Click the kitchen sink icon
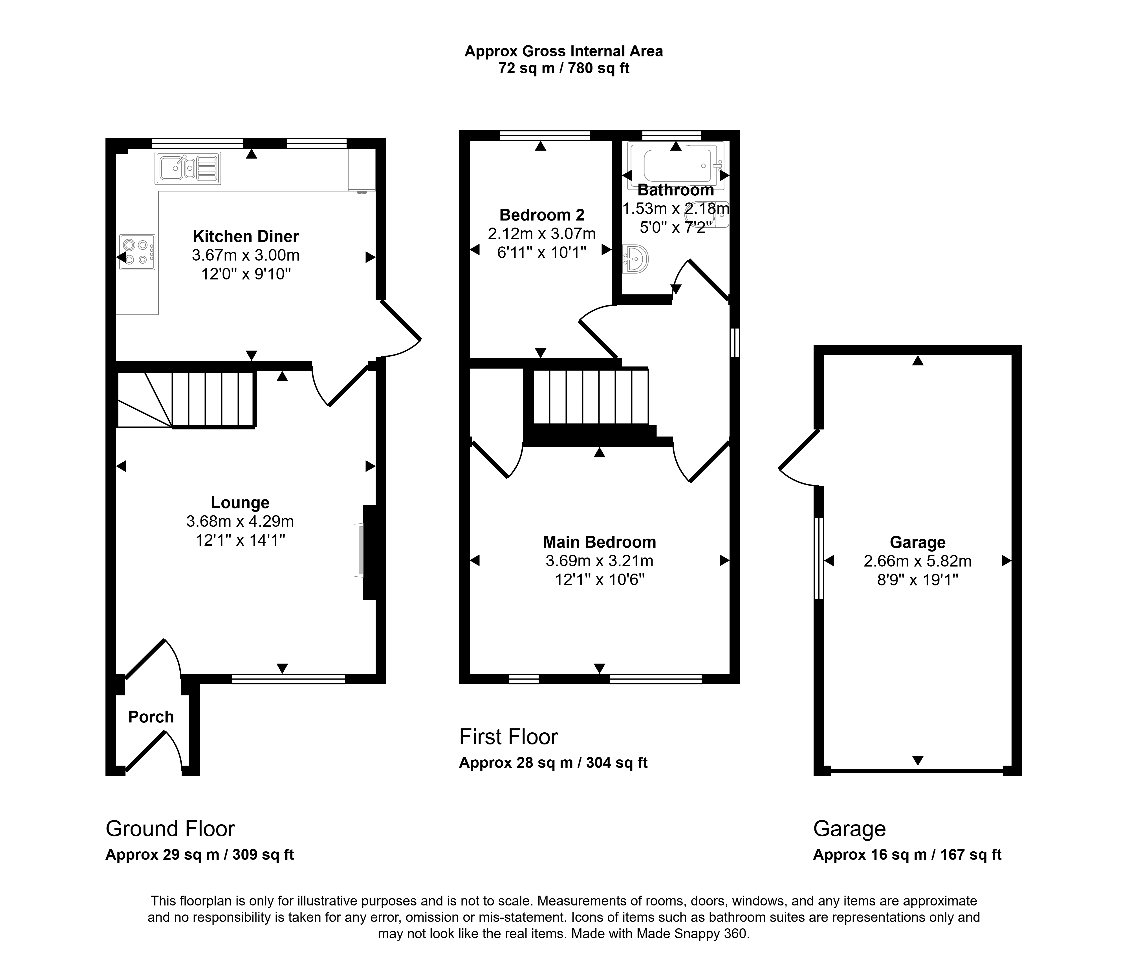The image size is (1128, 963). tap(188, 168)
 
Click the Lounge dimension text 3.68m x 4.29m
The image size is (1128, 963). tap(240, 521)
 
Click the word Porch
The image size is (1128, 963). tap(151, 717)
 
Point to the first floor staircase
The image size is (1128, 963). tap(591, 396)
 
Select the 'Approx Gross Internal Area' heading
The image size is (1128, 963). tap(563, 51)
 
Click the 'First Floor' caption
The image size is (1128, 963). tap(508, 737)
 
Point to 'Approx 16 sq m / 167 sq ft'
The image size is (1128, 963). tap(907, 855)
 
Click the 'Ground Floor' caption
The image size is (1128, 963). tap(170, 828)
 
